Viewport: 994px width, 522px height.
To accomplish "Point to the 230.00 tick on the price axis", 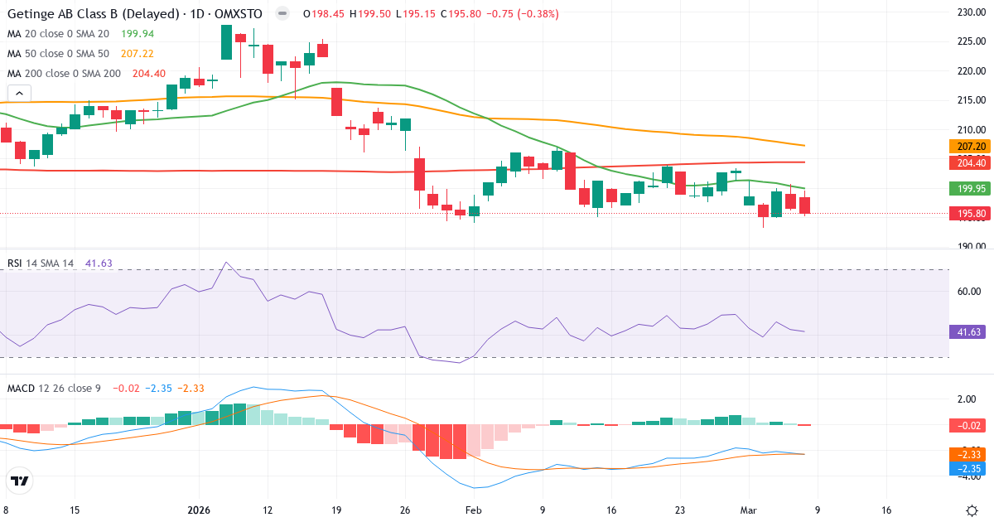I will tap(969, 12).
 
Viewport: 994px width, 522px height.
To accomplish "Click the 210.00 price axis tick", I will tap(969, 130).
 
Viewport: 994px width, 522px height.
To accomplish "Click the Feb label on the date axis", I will tap(473, 510).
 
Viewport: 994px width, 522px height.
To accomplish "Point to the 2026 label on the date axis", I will tap(199, 510).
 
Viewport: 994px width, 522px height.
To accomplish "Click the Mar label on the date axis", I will tap(749, 510).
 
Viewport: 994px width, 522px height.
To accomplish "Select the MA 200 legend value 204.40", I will tap(149, 74).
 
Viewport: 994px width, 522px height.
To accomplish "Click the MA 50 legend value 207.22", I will tap(138, 54).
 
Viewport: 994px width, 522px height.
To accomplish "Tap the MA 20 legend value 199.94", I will tap(138, 34).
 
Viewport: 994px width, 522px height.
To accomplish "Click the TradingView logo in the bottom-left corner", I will tap(20, 480).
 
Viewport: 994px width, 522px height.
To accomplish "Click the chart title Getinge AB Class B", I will tap(93, 14).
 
